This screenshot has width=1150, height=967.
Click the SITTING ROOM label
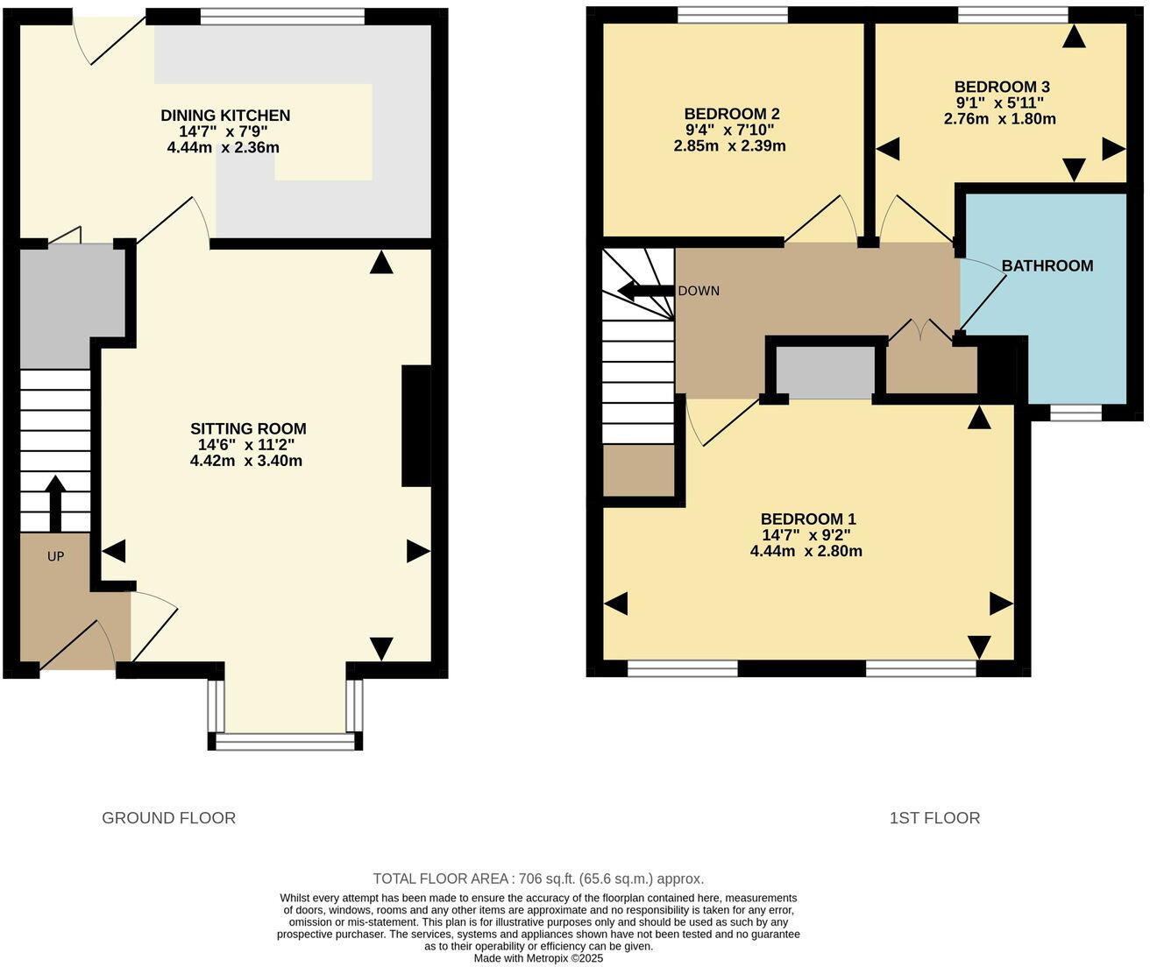pos(248,428)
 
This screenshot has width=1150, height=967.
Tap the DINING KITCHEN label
pos(225,116)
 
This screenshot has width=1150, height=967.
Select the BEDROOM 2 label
pos(731,114)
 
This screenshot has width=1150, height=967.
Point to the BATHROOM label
pos(1047,265)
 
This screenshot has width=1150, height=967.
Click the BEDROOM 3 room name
pos(1001,87)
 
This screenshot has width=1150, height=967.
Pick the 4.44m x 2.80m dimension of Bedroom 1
pos(806,551)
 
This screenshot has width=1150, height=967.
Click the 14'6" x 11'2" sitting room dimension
pos(246,445)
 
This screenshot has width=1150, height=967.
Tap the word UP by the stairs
pos(55,556)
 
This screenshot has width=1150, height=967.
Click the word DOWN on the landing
pos(699,291)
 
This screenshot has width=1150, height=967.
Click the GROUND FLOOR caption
pos(168,818)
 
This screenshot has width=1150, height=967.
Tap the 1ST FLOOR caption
pos(934,818)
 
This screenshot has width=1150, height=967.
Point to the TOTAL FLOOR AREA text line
pos(538,879)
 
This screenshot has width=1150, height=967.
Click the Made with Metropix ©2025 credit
pos(538,958)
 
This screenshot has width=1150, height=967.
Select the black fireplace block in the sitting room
pos(415,426)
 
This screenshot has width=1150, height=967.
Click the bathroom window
pos(1075,413)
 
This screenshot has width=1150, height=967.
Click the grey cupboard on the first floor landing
pos(825,372)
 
